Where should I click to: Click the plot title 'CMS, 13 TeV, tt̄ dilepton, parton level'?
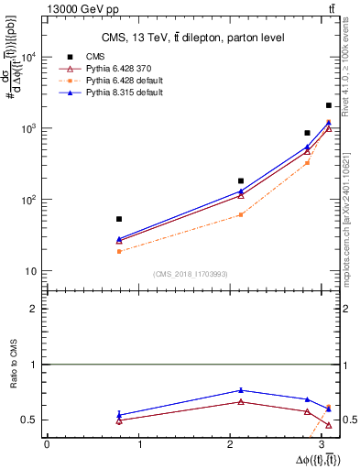[192, 38]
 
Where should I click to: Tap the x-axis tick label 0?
[47, 444]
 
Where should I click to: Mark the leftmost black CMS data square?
[119, 219]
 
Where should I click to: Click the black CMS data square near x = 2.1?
[241, 180]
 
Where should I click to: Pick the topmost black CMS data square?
[329, 105]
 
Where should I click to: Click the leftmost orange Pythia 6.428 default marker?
[119, 251]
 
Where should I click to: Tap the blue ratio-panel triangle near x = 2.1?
[241, 390]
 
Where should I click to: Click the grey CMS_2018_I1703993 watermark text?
[191, 275]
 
